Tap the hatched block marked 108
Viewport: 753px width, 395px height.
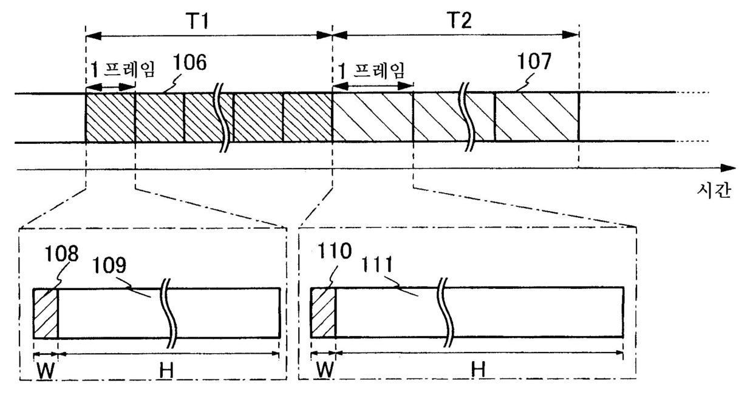coord(46,314)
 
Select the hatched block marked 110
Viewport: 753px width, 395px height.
coord(323,314)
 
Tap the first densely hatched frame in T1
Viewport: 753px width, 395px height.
coord(110,118)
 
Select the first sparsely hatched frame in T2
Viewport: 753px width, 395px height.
coord(373,118)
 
